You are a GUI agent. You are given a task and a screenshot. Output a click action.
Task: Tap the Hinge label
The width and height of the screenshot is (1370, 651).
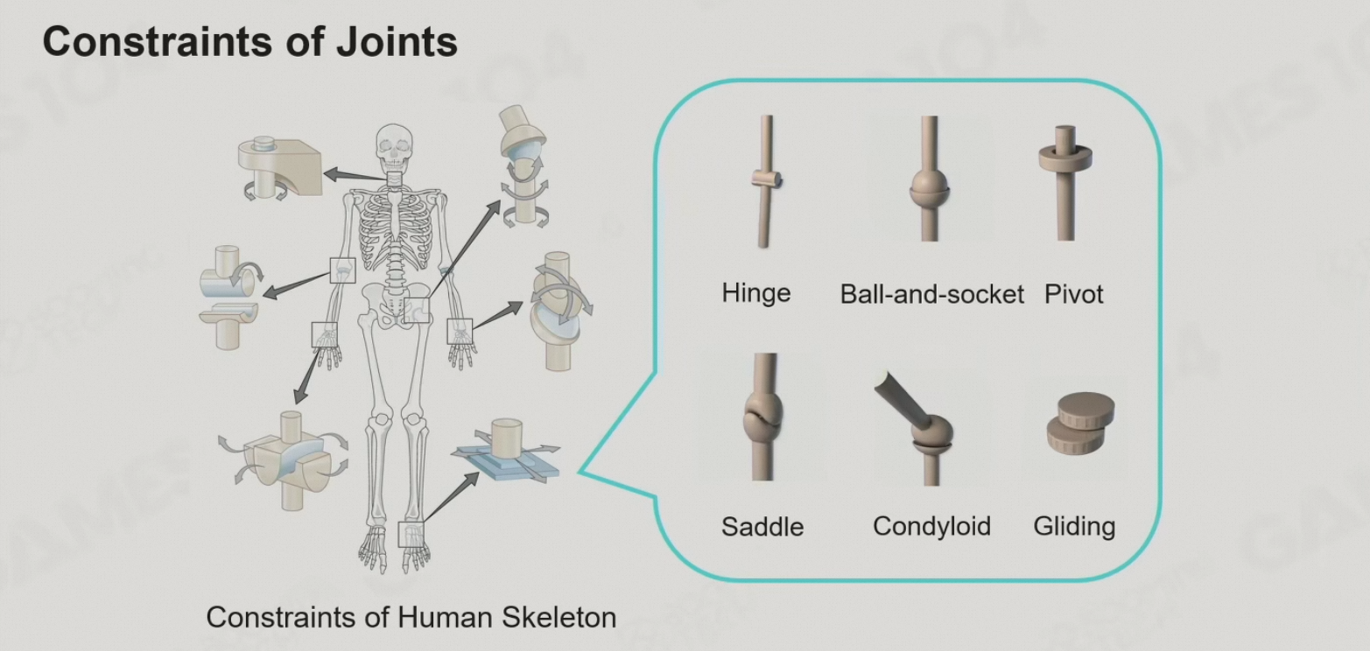756,292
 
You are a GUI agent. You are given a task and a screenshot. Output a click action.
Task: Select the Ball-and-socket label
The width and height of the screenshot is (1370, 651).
931,294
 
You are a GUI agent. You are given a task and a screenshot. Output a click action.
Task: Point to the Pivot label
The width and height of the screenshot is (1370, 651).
1073,294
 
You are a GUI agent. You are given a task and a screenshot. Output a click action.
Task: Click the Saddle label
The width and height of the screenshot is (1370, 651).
762,527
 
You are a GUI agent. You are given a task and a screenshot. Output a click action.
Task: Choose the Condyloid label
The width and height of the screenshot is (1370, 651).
931,526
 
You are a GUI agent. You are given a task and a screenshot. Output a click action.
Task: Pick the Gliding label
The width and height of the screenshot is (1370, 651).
1074,526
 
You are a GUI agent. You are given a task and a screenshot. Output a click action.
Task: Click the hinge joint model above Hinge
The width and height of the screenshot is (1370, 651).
764,182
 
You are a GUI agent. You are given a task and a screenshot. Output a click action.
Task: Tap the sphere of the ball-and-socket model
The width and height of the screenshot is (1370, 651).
930,185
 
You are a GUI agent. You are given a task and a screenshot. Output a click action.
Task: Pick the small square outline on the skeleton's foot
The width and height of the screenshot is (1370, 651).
411,534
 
